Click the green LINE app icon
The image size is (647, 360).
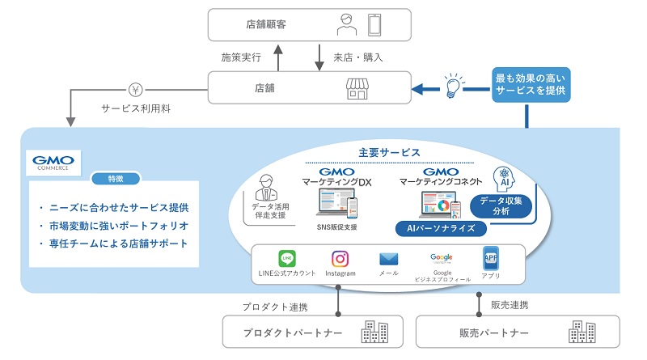(x=286, y=259)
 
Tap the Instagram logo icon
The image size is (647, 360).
(x=340, y=259)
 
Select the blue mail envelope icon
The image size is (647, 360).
(x=389, y=260)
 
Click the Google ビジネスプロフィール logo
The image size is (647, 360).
(x=442, y=258)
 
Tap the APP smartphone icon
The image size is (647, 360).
(x=490, y=259)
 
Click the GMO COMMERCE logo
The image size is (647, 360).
(x=53, y=163)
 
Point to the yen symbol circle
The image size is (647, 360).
(x=135, y=89)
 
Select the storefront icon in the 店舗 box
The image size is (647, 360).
(x=357, y=88)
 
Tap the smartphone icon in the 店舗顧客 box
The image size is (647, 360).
(x=374, y=24)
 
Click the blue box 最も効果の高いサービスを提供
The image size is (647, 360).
(x=531, y=84)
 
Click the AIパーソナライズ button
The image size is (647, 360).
(x=440, y=229)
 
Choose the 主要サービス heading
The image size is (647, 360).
(x=389, y=153)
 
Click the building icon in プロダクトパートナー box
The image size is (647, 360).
(x=373, y=332)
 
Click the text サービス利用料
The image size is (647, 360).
(x=136, y=108)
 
